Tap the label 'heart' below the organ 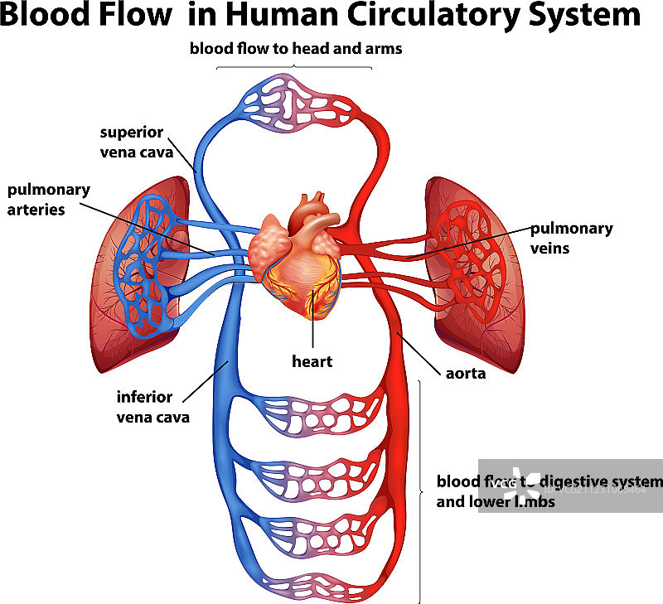[312, 361]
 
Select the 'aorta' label [464, 373]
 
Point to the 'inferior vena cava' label [152, 407]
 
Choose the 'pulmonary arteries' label [48, 199]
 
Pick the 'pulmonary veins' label [572, 237]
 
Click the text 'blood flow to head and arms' [296, 49]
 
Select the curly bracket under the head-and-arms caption [295, 65]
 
